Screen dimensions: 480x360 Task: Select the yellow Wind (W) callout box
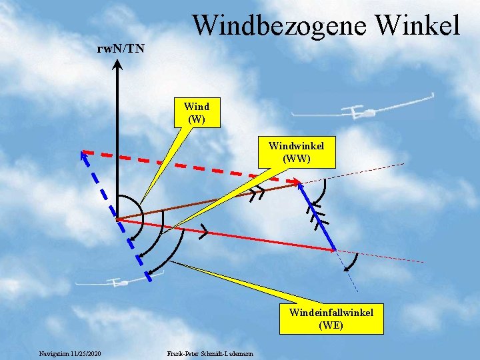(x=196, y=112)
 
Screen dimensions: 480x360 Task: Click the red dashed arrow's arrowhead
(x=296, y=181)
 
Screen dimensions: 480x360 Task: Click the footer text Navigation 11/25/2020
(x=70, y=353)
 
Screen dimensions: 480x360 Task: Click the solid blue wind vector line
(x=317, y=217)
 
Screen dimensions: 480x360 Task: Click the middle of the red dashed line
(x=190, y=166)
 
